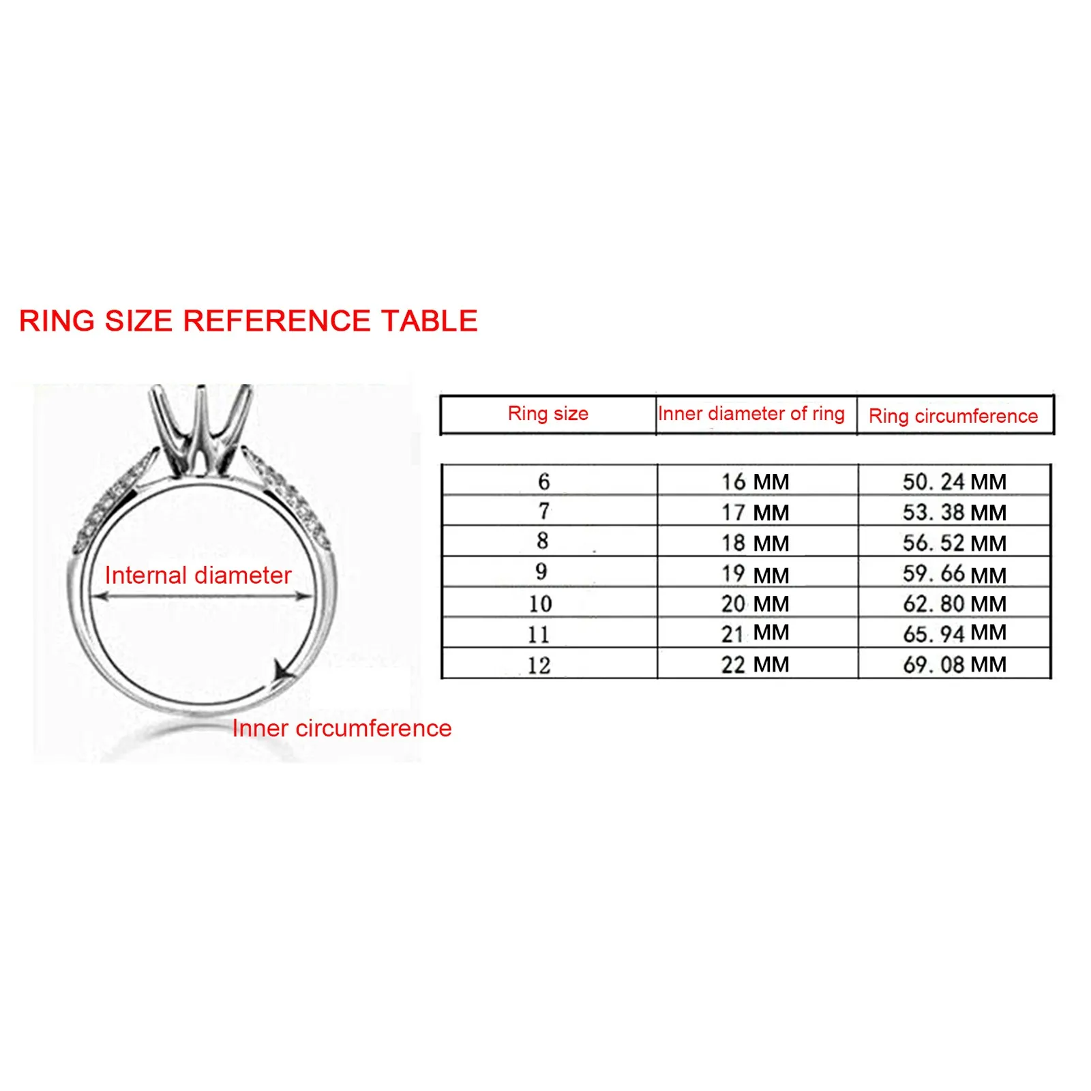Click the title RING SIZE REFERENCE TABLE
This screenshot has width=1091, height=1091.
point(248,320)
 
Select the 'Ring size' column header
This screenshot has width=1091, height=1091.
point(548,413)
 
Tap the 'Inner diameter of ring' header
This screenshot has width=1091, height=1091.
point(751,413)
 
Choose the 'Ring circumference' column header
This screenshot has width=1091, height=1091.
point(953,415)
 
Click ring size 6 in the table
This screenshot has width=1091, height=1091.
point(543,481)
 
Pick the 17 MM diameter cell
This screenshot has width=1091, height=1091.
point(755,512)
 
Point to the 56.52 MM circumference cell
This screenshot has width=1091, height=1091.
point(954,543)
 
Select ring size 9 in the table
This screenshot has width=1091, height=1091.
point(541,571)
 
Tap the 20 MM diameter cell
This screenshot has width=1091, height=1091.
point(755,603)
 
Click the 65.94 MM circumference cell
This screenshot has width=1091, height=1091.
point(954,633)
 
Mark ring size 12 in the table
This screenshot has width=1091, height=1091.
point(539,665)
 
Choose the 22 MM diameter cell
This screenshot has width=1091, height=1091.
point(755,664)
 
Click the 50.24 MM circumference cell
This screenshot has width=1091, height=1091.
point(954,481)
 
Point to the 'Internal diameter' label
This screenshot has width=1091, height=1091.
point(198,575)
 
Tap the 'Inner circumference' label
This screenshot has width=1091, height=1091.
point(342,728)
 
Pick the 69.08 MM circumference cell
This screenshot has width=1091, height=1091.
point(954,664)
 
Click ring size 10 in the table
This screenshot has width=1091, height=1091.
point(540,603)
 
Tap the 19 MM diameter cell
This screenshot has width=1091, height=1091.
point(755,574)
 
